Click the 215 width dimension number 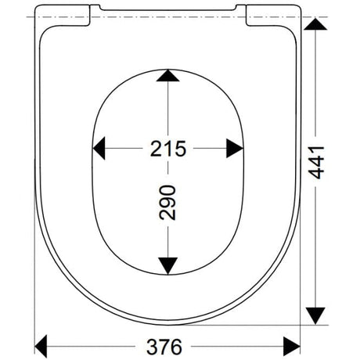coord(168,149)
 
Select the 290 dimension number coord(167,203)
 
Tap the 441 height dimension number coord(316,163)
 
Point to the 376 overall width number coord(164,347)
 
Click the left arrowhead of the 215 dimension coord(99,148)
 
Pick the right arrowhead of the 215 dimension coord(235,149)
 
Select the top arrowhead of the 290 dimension coord(168,76)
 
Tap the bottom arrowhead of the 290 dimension coord(168,266)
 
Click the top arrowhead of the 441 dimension coord(315,24)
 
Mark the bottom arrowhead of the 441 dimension coord(315,316)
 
